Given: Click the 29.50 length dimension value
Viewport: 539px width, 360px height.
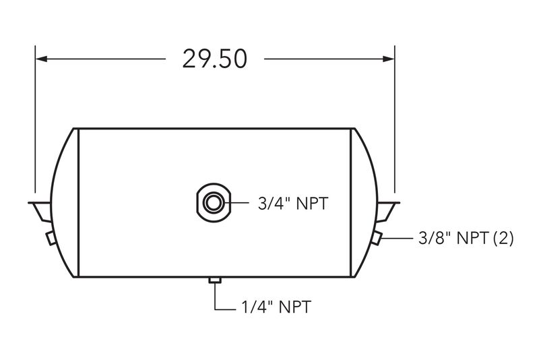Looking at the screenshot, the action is pyautogui.click(x=214, y=59).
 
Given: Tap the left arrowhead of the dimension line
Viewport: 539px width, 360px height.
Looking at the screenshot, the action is pyautogui.click(x=41, y=59).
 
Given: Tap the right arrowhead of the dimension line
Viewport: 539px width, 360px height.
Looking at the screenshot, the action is pyautogui.click(x=389, y=59).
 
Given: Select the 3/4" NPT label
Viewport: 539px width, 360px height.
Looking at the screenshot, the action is pyautogui.click(x=293, y=204).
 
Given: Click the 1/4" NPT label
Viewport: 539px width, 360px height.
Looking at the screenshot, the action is pyautogui.click(x=276, y=307).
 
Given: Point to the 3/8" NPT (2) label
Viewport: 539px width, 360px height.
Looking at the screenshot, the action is pyautogui.click(x=466, y=238).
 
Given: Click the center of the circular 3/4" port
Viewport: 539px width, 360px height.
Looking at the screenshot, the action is pyautogui.click(x=214, y=202).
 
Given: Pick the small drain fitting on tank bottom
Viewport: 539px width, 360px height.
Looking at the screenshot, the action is pyautogui.click(x=215, y=280).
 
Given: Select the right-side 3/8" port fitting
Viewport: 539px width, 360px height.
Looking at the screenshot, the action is pyautogui.click(x=377, y=238).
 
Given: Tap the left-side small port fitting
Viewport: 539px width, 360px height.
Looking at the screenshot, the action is pyautogui.click(x=51, y=238).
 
